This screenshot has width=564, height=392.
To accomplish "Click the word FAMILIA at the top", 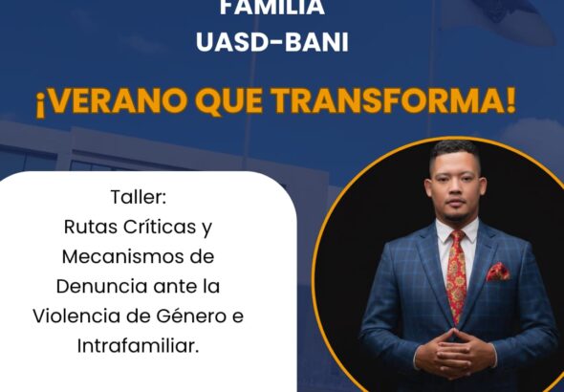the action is pos(272,8).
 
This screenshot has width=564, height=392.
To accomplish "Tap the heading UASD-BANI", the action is pos(272,42).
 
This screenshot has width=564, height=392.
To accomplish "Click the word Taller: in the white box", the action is pos(139,197).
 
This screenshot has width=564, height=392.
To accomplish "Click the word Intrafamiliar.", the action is pos(138,346).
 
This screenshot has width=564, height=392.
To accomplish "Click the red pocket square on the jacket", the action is pos(498,272).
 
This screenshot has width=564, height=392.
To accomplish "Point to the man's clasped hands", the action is pos(455,355).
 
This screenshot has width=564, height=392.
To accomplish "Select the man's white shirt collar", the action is pos(457,230).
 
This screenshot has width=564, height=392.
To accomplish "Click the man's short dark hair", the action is pos(455,152).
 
